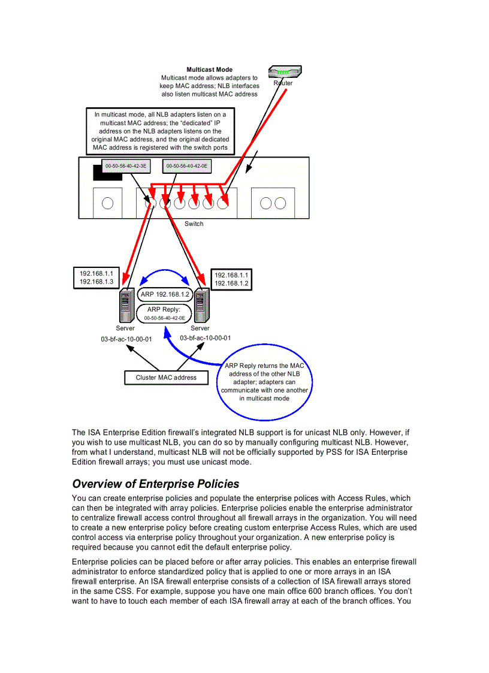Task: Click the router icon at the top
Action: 283,72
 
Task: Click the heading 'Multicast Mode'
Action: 209,70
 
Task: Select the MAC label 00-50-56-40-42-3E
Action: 126,165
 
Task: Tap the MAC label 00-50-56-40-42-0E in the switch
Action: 187,165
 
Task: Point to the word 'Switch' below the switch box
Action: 194,224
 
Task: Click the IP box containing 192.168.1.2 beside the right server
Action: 231,279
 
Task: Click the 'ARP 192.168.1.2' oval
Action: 165,294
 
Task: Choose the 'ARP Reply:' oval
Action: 164,313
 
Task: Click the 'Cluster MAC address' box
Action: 166,378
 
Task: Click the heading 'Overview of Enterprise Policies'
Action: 156,484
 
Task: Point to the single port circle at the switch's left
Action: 108,203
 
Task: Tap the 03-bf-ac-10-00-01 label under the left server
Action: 126,339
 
